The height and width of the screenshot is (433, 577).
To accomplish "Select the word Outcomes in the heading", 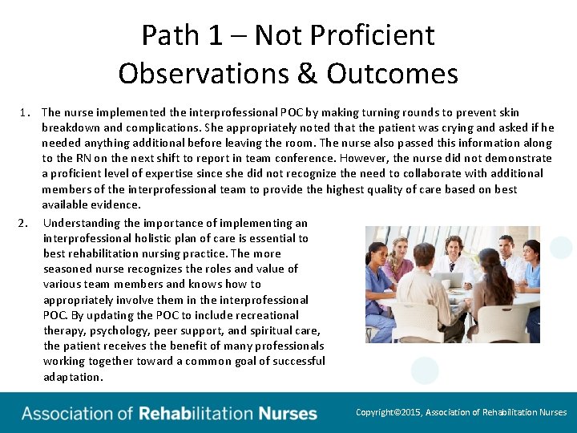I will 392,74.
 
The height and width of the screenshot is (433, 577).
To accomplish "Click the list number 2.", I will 24,223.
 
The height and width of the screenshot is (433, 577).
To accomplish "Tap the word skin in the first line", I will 508,112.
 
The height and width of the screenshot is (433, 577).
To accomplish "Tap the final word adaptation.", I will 73,376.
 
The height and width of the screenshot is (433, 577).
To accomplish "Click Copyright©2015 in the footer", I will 389,412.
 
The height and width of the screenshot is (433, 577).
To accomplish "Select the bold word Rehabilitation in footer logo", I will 196,414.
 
